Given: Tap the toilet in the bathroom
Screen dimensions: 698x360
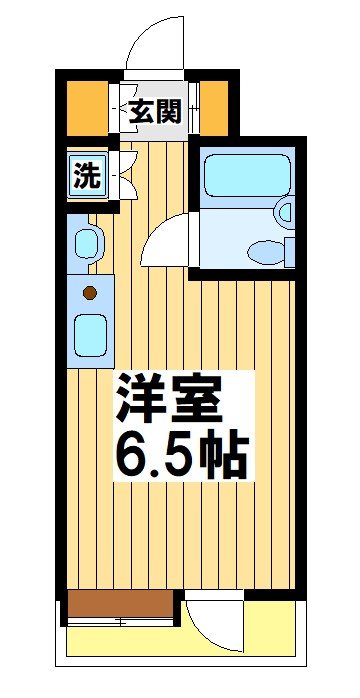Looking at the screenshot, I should tap(264, 250).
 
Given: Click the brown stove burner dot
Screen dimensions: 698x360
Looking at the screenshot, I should tap(89, 293).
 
